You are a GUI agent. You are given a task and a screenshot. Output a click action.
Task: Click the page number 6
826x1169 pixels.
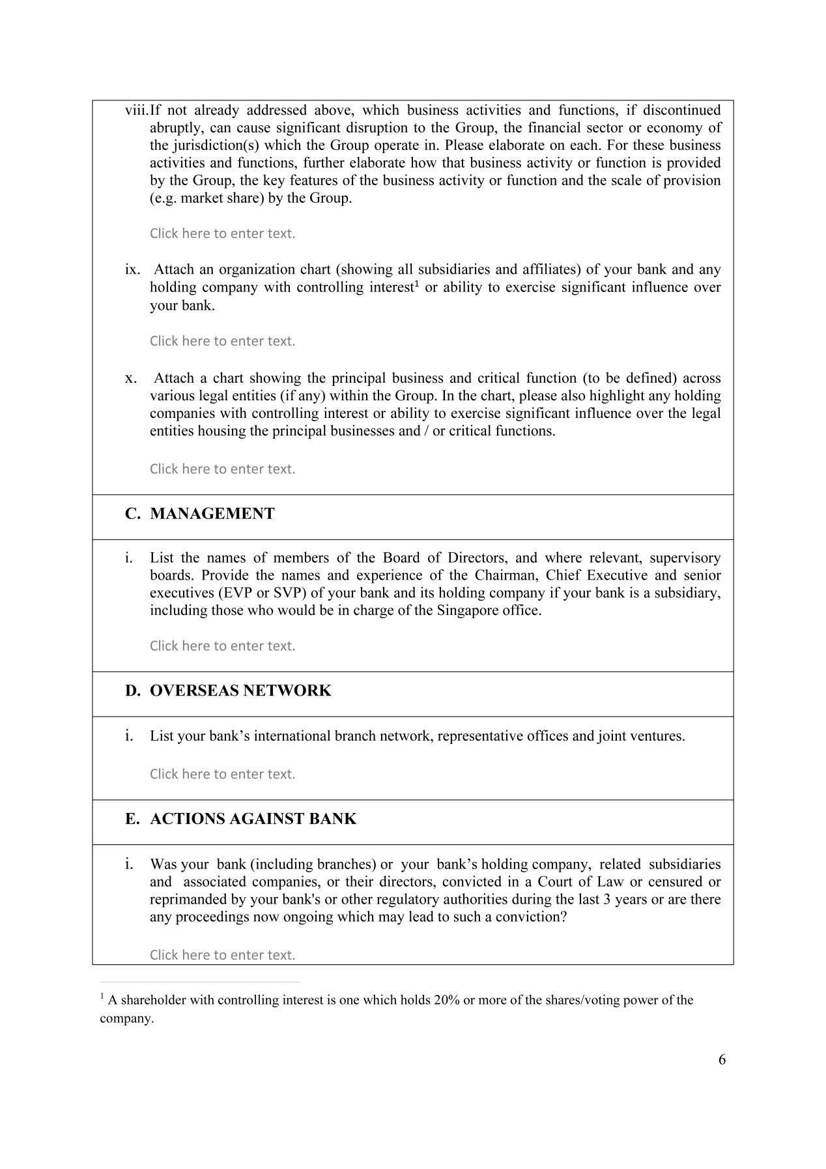click(x=722, y=1059)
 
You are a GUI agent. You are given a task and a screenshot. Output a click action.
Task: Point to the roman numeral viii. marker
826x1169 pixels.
click(x=136, y=110)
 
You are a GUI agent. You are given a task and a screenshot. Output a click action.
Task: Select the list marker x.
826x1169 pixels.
click(x=130, y=379)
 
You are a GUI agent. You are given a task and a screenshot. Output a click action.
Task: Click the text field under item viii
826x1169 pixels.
click(x=222, y=233)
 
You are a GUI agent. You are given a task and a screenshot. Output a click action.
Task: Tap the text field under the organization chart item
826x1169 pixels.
click(x=222, y=341)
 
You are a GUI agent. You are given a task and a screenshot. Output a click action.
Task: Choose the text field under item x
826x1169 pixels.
click(x=222, y=469)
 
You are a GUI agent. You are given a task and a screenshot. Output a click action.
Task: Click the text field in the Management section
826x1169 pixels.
click(x=222, y=646)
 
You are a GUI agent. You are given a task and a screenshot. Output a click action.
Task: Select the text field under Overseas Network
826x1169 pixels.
click(x=222, y=774)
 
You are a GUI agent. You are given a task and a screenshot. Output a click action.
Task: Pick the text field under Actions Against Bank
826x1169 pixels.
click(x=222, y=954)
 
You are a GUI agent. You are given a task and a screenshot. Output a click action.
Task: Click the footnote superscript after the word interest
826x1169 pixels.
click(x=417, y=284)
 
